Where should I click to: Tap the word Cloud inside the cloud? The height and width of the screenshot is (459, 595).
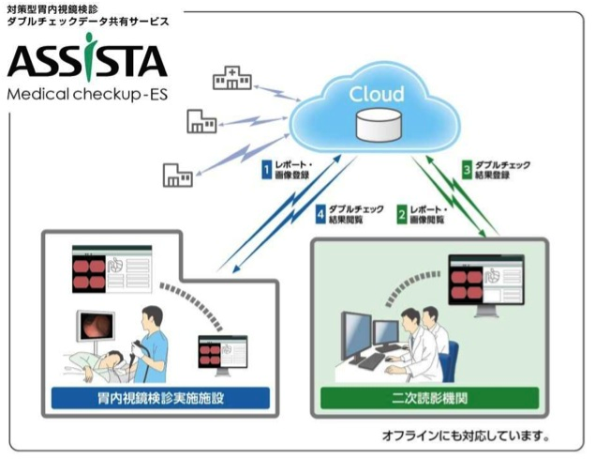376,94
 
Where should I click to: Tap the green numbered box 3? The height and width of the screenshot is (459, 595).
467,169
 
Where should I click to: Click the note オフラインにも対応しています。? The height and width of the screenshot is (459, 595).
465,436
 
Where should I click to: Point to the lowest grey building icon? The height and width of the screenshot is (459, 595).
177,175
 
